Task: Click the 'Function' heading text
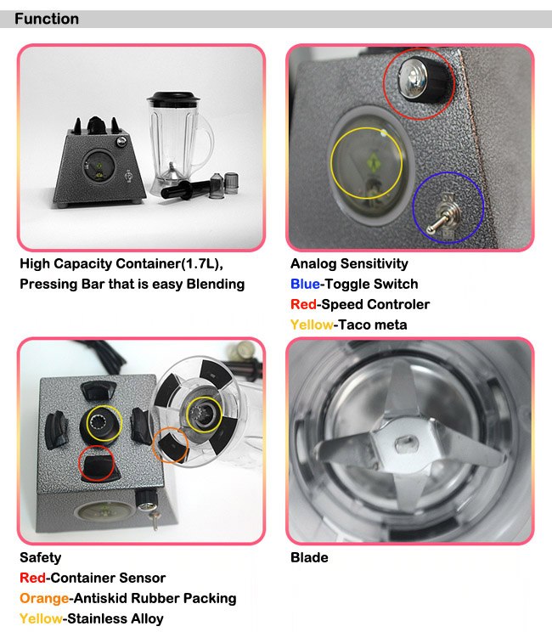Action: coord(47,19)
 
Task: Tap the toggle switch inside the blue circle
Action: coord(444,216)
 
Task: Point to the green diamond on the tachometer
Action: coord(374,163)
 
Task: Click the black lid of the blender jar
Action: coord(173,97)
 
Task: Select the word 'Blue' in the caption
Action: coord(305,285)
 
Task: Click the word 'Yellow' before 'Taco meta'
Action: coord(312,324)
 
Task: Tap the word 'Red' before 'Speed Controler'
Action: coord(303,304)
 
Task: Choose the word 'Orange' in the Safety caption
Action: coord(44,598)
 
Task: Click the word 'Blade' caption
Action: coord(309,558)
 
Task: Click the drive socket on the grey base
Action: coord(102,422)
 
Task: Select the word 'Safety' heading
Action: coord(40,558)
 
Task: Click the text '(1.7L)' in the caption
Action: coord(200,264)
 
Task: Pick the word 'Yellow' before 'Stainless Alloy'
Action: coord(41,618)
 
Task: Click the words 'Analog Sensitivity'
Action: coord(349,264)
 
